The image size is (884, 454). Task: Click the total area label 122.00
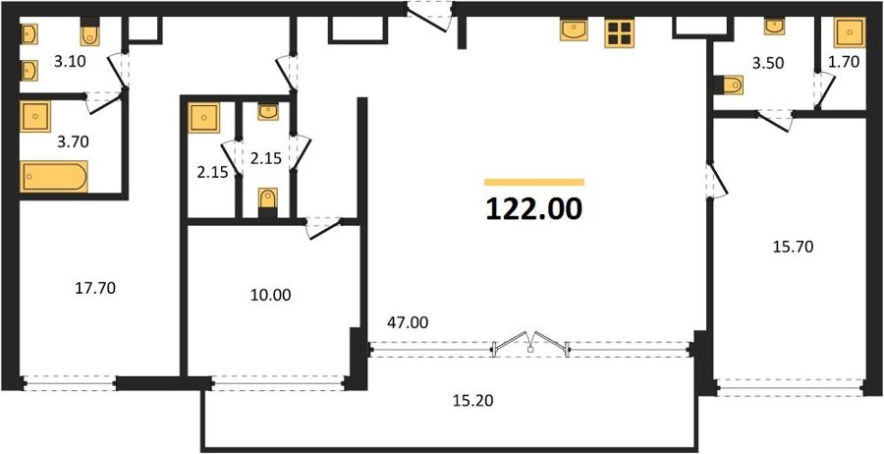pyautogui.click(x=534, y=209)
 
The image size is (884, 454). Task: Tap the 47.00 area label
pyautogui.click(x=408, y=322)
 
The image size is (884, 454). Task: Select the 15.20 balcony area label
pyautogui.click(x=473, y=400)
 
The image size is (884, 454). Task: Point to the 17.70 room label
pyautogui.click(x=95, y=288)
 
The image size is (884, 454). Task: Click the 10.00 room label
pyautogui.click(x=271, y=295)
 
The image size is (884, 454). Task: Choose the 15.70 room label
pyautogui.click(x=793, y=246)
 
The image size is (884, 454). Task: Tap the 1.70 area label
pyautogui.click(x=844, y=63)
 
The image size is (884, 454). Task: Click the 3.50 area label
pyautogui.click(x=768, y=63)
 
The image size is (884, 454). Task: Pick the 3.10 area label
pyautogui.click(x=70, y=62)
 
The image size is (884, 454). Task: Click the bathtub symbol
pyautogui.click(x=54, y=177)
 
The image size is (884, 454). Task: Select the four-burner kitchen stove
pyautogui.click(x=620, y=33)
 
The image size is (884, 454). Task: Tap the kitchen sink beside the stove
pyautogui.click(x=574, y=29)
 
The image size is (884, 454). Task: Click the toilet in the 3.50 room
pyautogui.click(x=728, y=85)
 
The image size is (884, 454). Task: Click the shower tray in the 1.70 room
pyautogui.click(x=849, y=32)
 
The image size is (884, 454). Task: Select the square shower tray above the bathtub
pyautogui.click(x=35, y=117)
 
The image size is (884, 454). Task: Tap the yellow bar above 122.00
pyautogui.click(x=534, y=182)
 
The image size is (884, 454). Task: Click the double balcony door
pyautogui.click(x=530, y=342)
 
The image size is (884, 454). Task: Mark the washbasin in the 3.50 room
pyautogui.click(x=774, y=26)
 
